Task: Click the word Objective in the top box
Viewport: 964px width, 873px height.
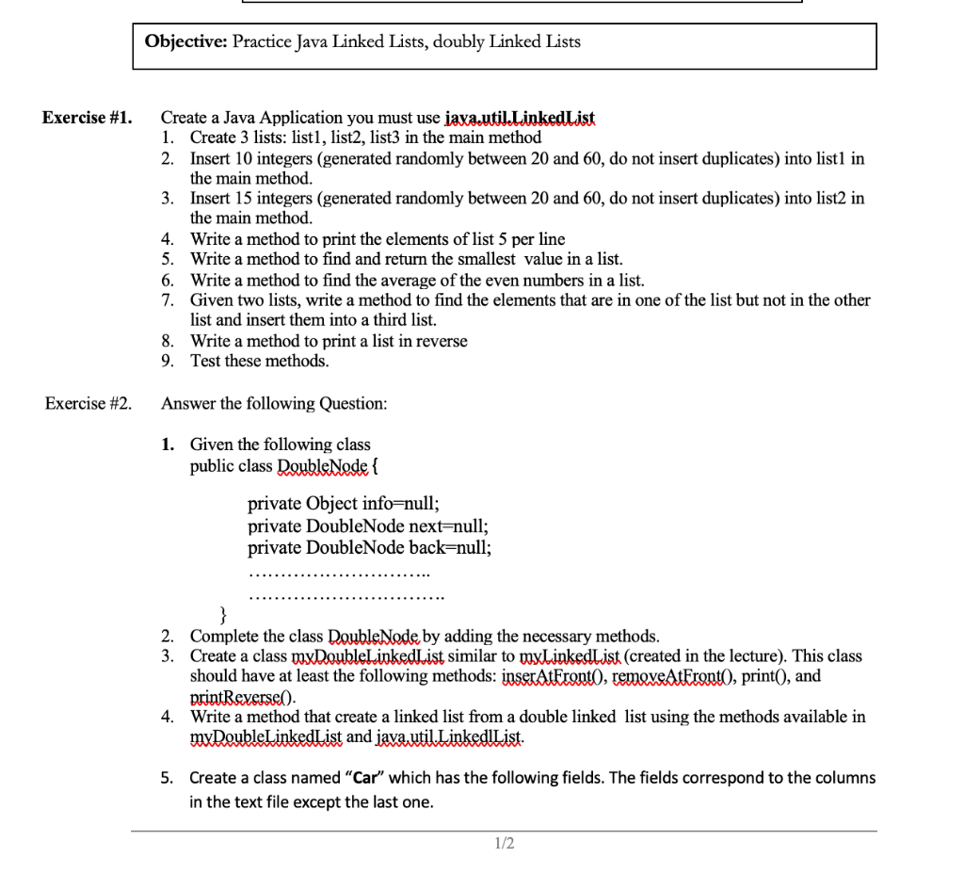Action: pos(185,41)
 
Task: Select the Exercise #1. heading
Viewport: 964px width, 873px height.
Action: pos(87,118)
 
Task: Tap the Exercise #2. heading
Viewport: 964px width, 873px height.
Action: pos(88,403)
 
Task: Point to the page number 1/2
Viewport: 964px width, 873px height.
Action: pos(505,843)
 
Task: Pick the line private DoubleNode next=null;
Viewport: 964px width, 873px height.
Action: pos(368,525)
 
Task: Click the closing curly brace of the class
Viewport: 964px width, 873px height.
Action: pos(224,616)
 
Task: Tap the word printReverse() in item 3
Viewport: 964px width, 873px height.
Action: pos(243,697)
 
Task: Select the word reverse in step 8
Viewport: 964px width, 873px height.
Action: pos(439,341)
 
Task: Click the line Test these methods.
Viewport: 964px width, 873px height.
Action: pos(260,361)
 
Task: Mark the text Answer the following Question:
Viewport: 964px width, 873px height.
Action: pos(274,403)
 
